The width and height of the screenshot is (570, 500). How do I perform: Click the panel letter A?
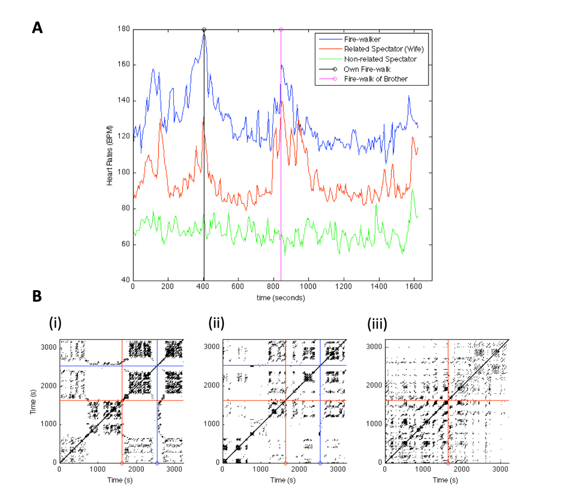(x=37, y=28)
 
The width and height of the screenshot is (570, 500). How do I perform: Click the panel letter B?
(x=37, y=296)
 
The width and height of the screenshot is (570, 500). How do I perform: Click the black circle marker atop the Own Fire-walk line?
(x=204, y=30)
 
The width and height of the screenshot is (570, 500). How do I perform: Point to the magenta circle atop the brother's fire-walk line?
(x=281, y=30)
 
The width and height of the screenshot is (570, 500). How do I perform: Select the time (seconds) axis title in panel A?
(x=281, y=298)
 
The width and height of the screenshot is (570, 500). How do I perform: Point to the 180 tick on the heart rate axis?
(x=124, y=30)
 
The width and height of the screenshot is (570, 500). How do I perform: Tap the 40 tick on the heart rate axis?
(x=125, y=280)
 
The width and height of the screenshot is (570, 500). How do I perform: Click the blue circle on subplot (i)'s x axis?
(x=157, y=463)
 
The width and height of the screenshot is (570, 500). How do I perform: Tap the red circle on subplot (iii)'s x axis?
(x=449, y=463)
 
